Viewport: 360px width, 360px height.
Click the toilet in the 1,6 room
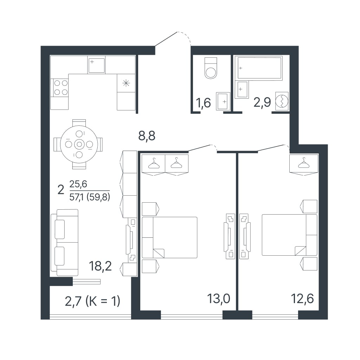[x=211, y=68]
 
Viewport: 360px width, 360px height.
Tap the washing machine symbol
[x=282, y=101]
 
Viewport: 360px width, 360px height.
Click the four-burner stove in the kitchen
[x=61, y=87]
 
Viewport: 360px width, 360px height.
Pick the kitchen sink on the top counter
[x=96, y=65]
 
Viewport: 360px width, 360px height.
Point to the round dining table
[x=79, y=144]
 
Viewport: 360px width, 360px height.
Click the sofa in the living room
[x=65, y=242]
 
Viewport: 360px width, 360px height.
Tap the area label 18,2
[x=100, y=266]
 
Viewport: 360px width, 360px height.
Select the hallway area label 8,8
[x=147, y=136]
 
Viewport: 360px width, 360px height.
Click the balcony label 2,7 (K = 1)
[x=92, y=301]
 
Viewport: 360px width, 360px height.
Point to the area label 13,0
[x=219, y=299]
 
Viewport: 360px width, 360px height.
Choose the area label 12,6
[x=302, y=299]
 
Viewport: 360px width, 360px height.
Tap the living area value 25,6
[x=78, y=184]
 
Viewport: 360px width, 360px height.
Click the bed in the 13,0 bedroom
[x=170, y=237]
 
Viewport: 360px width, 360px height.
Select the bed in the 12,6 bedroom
[x=289, y=235]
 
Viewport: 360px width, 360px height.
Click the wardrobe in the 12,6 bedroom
[x=304, y=164]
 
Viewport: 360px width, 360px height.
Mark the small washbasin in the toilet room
[x=223, y=101]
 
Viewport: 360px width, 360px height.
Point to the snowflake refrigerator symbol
[x=126, y=83]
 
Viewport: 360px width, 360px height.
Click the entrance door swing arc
[x=185, y=37]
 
